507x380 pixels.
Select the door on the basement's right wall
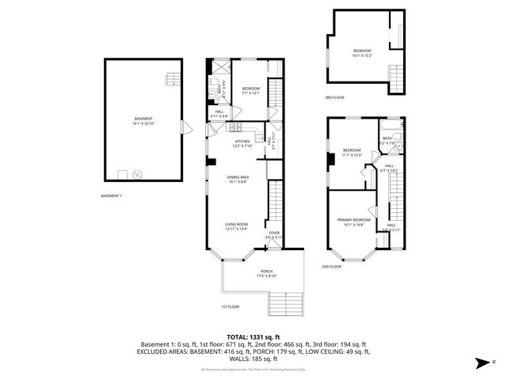[x=185, y=126]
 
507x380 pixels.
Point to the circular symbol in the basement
[x=138, y=173]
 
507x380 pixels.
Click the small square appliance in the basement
[x=122, y=173]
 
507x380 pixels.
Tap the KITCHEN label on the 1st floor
[x=242, y=143]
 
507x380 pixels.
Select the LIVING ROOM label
[x=237, y=227]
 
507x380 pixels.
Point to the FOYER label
[x=273, y=234]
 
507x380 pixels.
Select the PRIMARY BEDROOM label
[x=354, y=221]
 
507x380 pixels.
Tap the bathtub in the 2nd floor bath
[x=391, y=126]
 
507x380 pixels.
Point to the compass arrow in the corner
[x=481, y=363]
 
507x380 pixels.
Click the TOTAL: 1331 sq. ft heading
[x=253, y=337]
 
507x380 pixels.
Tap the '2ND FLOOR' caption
[x=332, y=267]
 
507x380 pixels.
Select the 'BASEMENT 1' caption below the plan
[x=112, y=195]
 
